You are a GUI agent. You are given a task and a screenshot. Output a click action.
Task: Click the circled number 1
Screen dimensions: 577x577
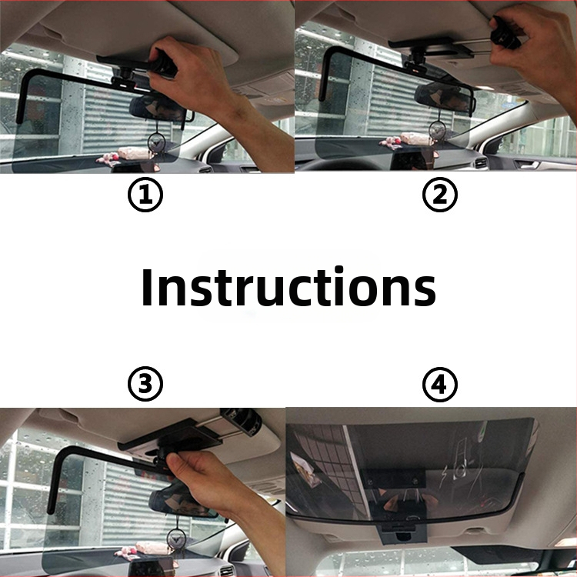pyautogui.click(x=145, y=195)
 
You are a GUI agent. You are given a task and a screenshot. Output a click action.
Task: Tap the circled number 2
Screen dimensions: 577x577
pyautogui.click(x=440, y=195)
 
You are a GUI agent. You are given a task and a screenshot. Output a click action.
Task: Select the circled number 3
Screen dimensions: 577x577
pyautogui.click(x=145, y=384)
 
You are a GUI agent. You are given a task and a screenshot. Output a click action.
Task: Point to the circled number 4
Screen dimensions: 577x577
pyautogui.click(x=440, y=384)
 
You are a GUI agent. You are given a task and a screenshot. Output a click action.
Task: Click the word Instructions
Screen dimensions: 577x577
pyautogui.click(x=288, y=287)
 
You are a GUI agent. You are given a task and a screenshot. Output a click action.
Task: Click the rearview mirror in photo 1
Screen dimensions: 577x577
pyautogui.click(x=159, y=108)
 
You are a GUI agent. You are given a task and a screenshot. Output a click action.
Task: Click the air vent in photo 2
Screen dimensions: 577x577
pyautogui.click(x=480, y=162)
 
